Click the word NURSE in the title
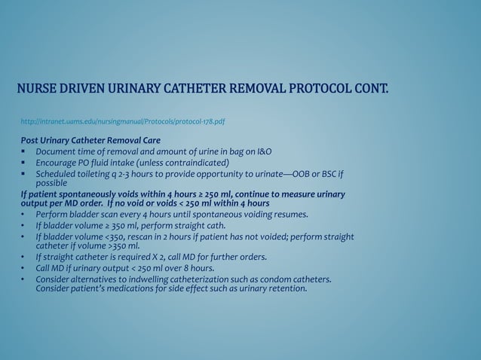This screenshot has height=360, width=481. [x=38, y=93]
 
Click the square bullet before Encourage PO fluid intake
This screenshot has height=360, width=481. [x=24, y=163]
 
